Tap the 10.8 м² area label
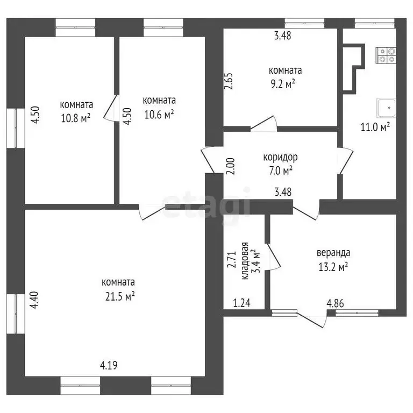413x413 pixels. pos(75,118)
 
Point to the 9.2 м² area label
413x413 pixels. pos(285,84)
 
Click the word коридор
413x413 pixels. pos(280,158)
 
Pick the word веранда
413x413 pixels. pos(333,252)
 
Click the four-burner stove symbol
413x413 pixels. pos(387,55)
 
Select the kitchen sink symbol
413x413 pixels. pos(386,108)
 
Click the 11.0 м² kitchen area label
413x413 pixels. pos(375,127)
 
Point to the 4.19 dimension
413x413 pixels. pos(108,366)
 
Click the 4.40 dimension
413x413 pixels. pos(34,299)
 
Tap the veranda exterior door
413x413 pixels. pos(314,318)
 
